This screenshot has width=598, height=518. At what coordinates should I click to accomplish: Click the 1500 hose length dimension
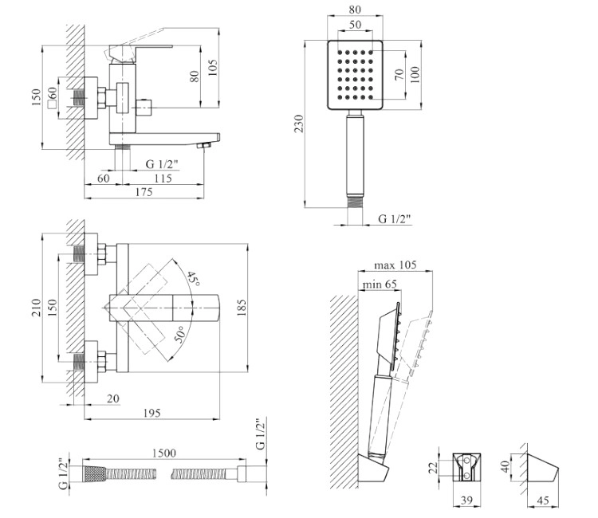[x=164, y=453]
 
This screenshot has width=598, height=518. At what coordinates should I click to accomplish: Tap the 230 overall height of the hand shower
[x=299, y=123]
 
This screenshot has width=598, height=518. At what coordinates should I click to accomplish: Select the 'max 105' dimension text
[x=395, y=265]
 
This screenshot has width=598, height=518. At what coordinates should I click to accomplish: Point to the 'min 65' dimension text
[x=380, y=284]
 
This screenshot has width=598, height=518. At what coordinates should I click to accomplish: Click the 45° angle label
[x=194, y=280]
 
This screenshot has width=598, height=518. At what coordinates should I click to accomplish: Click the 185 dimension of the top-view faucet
[x=242, y=308]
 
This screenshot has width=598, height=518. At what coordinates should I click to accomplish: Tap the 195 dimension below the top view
[x=151, y=413]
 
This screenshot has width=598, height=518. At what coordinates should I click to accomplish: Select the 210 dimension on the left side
[x=35, y=308]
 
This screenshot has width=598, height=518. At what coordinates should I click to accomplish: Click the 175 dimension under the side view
[x=144, y=192]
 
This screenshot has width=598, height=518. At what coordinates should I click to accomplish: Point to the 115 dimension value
[x=163, y=178]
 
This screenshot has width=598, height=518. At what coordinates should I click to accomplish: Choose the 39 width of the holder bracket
[x=466, y=500]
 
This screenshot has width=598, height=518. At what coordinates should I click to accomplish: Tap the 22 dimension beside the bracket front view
[x=433, y=468]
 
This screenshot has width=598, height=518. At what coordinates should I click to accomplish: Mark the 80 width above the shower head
[x=355, y=10]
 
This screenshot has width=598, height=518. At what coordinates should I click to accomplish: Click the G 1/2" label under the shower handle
[x=395, y=219]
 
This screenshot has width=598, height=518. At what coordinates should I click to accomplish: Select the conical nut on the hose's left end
[x=94, y=474]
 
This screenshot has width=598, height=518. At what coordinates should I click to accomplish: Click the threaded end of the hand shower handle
[x=355, y=202]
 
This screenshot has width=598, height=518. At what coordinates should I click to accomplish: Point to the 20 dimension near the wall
[x=113, y=398]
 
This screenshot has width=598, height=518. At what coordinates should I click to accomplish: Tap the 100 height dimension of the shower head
[x=415, y=74]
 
